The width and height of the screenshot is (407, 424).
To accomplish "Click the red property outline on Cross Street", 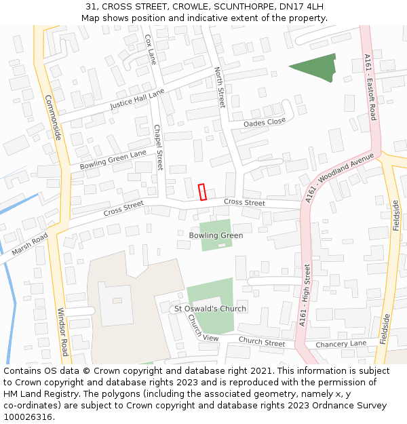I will pos(201,192).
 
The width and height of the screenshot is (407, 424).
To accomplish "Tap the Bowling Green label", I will pos(216,235).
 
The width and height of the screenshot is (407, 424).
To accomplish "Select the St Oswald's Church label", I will pos(210,309).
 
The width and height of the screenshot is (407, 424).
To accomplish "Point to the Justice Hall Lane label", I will pos(137,100).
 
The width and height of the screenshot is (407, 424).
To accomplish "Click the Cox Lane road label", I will pos(151,50).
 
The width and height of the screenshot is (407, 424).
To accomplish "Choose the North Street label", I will pos(219,88).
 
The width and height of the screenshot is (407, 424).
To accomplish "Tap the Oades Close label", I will pos(265,122).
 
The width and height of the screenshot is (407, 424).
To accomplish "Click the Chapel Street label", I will pos(158,147).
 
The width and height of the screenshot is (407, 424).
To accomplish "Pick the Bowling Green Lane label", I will pos(113,159).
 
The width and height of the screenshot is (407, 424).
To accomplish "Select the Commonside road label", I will pos(53,117).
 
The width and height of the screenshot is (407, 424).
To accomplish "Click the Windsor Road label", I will pos(62,332).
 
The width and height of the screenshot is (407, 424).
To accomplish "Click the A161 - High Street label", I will pos(307,296).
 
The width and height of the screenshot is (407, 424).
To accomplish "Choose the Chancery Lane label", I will pos(341,344).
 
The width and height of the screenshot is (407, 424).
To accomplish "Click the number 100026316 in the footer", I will pos(28,417).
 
